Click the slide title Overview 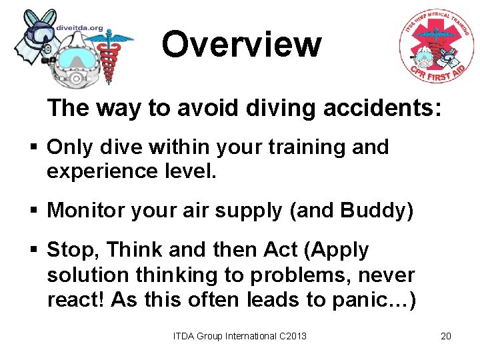click(241, 45)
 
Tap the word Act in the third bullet click(280, 249)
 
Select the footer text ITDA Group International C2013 click(240, 336)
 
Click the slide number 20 click(446, 336)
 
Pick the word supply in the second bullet click(246, 212)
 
